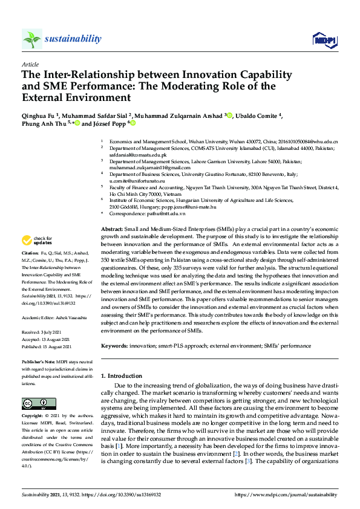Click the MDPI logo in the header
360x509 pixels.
[x=324, y=39]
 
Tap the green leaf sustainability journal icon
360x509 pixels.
[x=31, y=39]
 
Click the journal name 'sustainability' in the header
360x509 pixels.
[x=74, y=39]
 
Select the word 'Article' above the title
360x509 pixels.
[x=30, y=64]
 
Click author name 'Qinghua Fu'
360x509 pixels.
[x=38, y=116]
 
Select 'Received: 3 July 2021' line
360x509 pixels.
[x=43, y=332]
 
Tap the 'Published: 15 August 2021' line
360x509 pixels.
[x=47, y=347]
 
